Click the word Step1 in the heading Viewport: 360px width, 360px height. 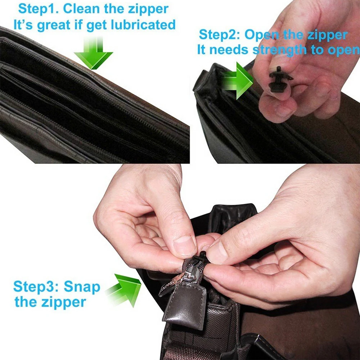pyautogui.click(x=39, y=9)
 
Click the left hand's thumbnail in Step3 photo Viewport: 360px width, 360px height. pyautogui.click(x=185, y=245)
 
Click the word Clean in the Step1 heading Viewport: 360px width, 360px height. pyautogui.click(x=81, y=9)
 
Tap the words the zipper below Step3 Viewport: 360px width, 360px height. pyautogui.click(x=50, y=302)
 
